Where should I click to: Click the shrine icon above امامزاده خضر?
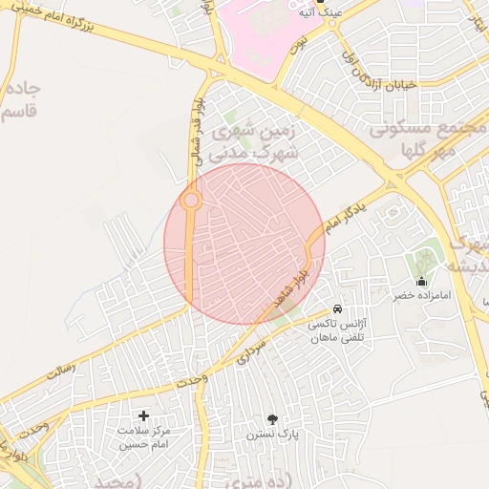click(422, 281)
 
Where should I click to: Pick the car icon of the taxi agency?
click(337, 309)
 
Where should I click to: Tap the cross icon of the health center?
click(144, 415)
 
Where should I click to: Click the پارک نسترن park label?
click(273, 434)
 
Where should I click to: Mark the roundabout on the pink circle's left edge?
click(191, 201)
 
